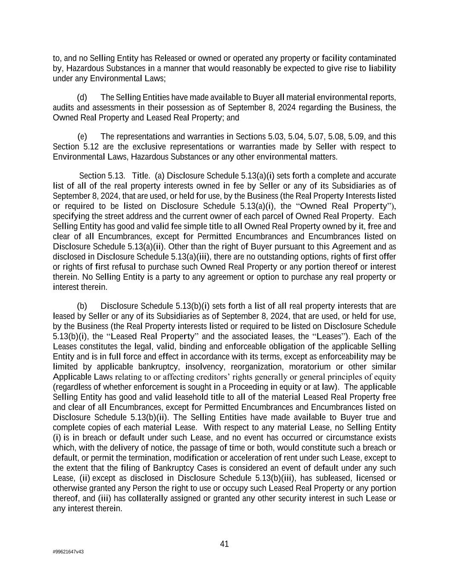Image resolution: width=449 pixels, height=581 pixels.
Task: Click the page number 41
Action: coord(224,544)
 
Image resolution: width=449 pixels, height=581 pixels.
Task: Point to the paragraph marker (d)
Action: coord(82,97)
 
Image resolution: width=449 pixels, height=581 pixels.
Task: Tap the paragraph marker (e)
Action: coord(82,137)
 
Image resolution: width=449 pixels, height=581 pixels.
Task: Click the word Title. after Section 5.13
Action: coord(141,176)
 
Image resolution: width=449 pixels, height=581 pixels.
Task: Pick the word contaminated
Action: coord(372,58)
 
